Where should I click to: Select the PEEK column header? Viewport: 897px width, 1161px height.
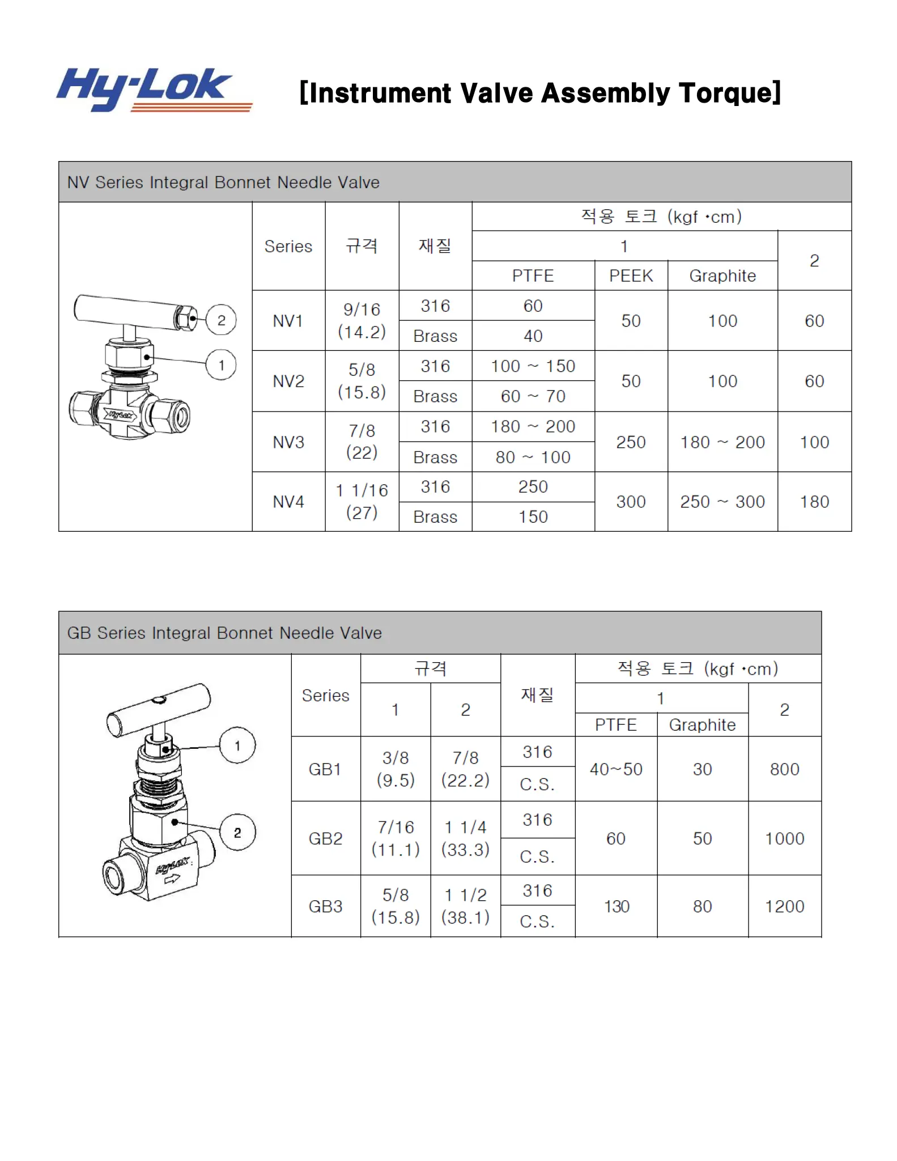631,276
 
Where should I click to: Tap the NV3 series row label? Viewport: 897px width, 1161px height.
288,442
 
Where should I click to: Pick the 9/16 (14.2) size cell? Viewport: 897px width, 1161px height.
362,321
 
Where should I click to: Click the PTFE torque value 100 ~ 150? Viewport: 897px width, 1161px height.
533,366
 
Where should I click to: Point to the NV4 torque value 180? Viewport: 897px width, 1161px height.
814,502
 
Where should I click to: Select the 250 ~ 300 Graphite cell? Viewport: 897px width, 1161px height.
722,502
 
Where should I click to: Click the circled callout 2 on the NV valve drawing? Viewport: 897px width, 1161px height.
221,320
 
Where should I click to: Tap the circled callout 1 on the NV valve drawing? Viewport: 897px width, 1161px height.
221,365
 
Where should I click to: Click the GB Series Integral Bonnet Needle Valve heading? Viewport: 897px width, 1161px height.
224,633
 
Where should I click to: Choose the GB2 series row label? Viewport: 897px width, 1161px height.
325,838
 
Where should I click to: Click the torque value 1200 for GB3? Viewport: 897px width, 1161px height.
784,906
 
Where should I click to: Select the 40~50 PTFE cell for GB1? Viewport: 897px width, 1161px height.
616,769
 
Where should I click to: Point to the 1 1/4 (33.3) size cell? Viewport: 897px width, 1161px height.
465,838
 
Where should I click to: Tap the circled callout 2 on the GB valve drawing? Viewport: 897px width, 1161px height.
237,832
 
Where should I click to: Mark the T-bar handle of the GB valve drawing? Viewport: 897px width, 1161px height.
159,709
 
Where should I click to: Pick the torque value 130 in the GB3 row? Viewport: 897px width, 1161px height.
616,906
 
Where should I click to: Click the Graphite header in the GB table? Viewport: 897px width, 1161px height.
702,725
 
